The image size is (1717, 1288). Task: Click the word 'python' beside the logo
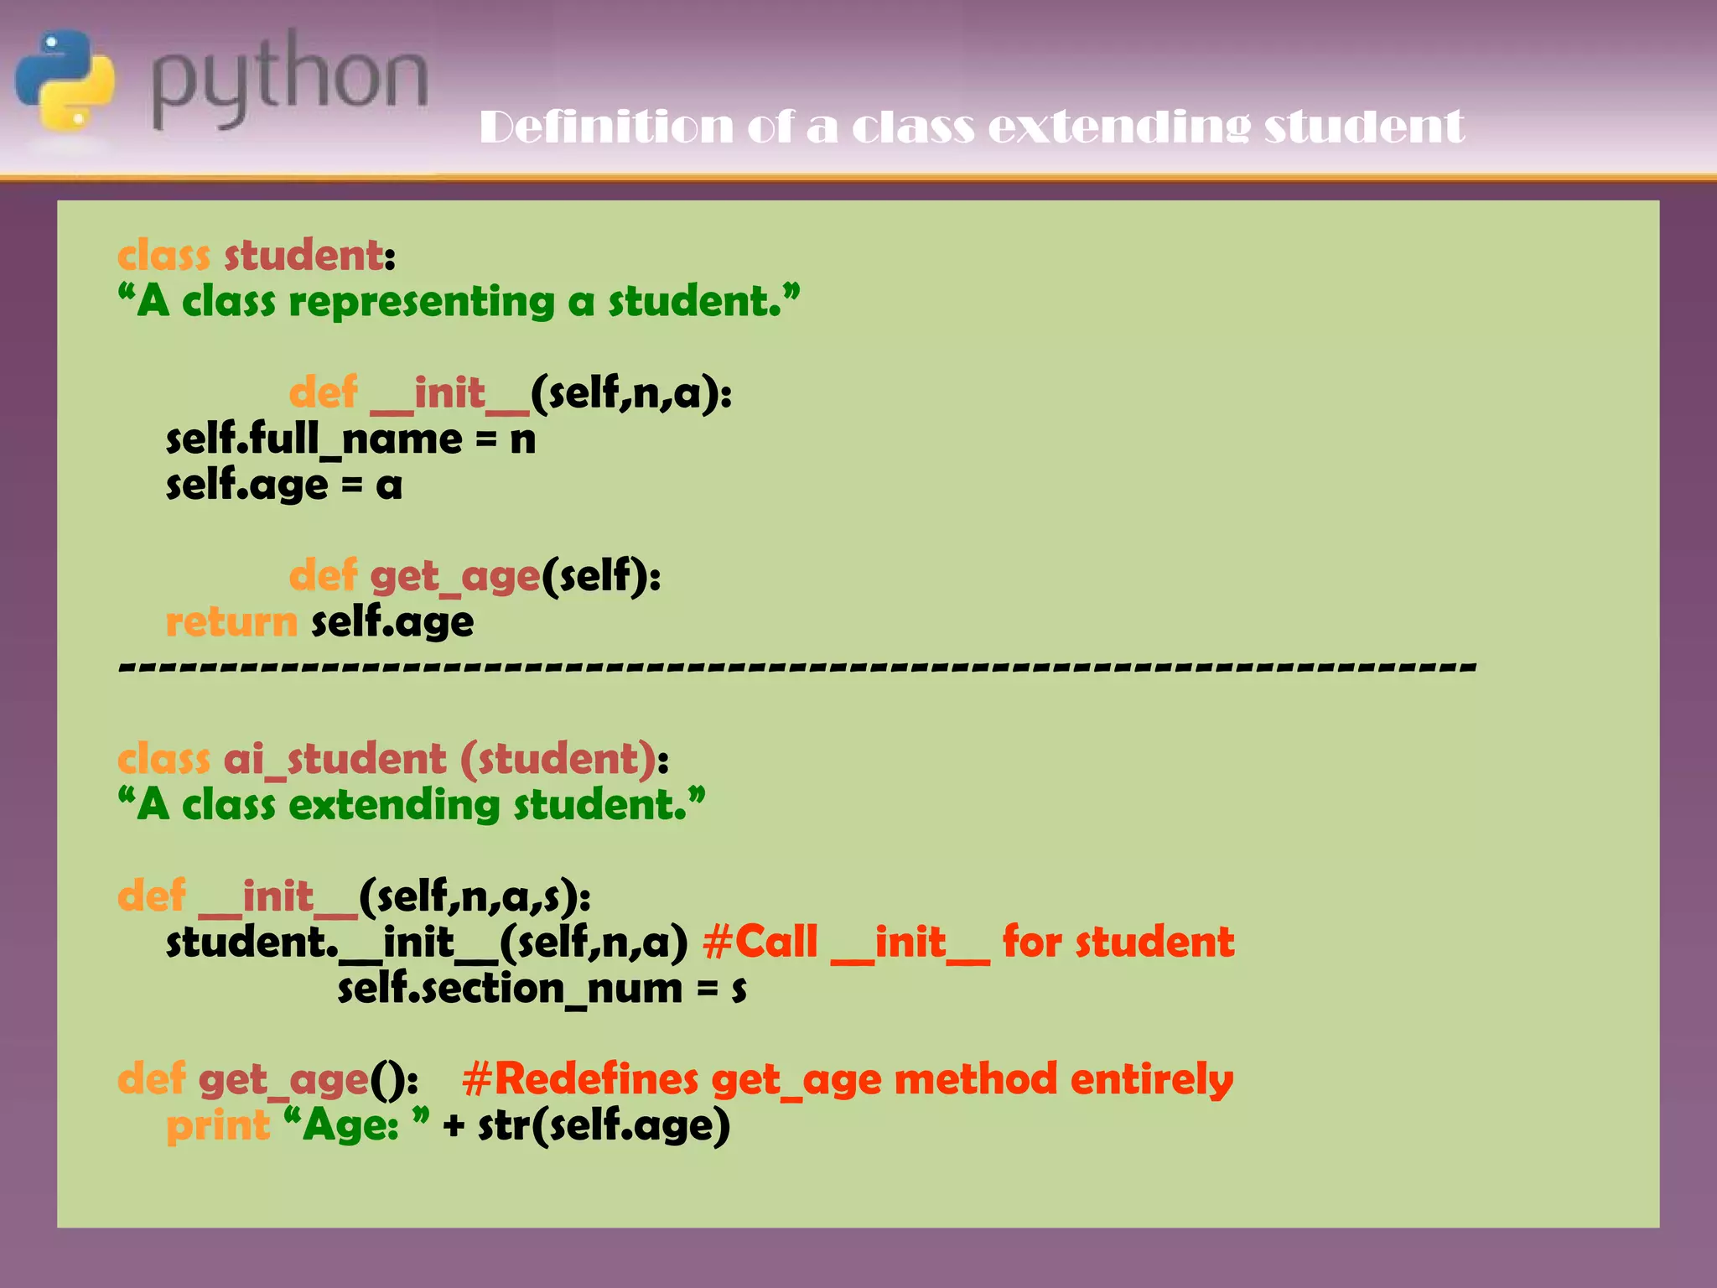tap(289, 80)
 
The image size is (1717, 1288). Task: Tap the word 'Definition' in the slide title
tap(605, 127)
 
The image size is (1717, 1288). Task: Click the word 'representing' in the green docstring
tap(422, 301)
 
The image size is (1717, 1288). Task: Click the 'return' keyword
tap(231, 622)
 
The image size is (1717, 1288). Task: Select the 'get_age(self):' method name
tap(515, 576)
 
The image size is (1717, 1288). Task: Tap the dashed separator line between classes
tap(796, 668)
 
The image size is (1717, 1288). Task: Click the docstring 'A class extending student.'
tap(412, 805)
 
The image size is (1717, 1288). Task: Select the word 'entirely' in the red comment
tap(1151, 1079)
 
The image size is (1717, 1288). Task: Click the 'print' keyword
tap(218, 1125)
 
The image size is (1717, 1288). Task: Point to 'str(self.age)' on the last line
tap(604, 1125)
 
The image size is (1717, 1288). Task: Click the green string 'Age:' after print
tap(352, 1125)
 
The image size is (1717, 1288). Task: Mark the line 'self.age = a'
tap(284, 486)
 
